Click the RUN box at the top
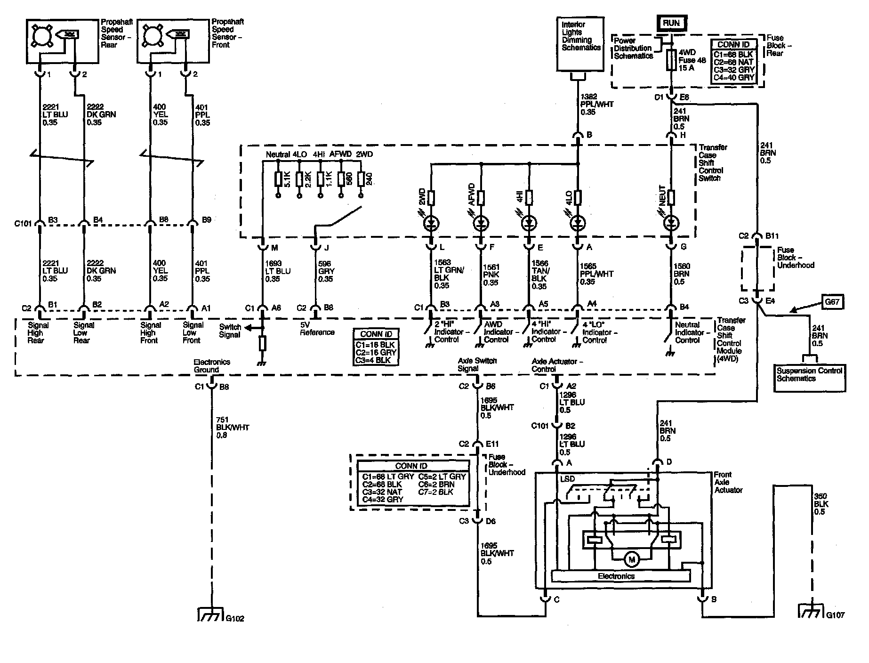pyautogui.click(x=671, y=23)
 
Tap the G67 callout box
pyautogui.click(x=832, y=302)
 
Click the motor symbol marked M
pyautogui.click(x=631, y=559)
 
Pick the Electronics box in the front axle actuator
pyautogui.click(x=616, y=576)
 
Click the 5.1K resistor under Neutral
pyautogui.click(x=278, y=179)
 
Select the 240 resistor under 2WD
pyautogui.click(x=361, y=179)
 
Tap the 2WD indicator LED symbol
pyautogui.click(x=430, y=223)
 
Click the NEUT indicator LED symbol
pyautogui.click(x=671, y=223)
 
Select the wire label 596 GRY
pyautogui.click(x=326, y=271)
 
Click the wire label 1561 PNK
pyautogui.click(x=491, y=275)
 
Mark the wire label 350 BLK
pyautogui.click(x=821, y=504)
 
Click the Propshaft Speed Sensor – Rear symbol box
pyautogui.click(x=62, y=41)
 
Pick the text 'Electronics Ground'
pyautogui.click(x=212, y=366)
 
